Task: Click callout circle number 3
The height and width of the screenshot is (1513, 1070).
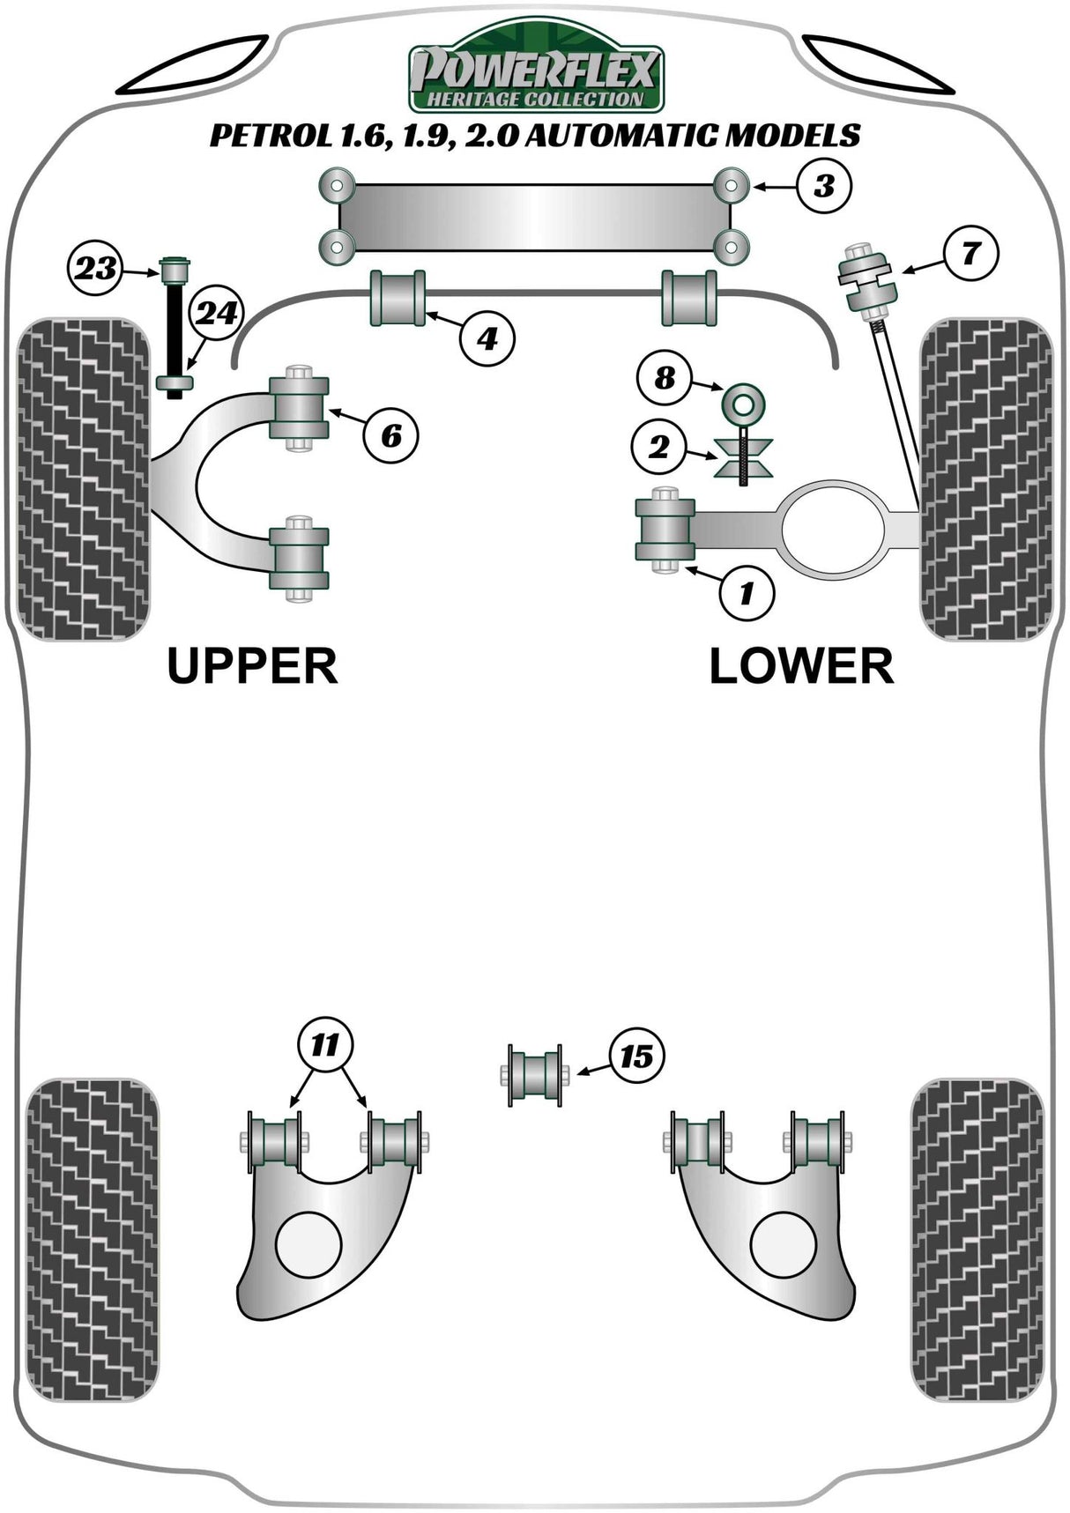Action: coord(824,186)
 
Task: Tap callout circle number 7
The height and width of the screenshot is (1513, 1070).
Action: coord(970,254)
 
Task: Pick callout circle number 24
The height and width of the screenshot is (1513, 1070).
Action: coord(216,314)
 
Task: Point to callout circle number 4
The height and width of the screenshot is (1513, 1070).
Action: coord(487,337)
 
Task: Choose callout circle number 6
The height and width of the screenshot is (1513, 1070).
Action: coord(391,434)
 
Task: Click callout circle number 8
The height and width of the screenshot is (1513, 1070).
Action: coord(665,378)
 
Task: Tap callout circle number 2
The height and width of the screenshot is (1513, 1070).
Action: coord(659,449)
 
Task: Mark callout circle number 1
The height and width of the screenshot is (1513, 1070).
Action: coord(747,593)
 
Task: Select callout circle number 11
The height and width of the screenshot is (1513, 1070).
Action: coord(325,1046)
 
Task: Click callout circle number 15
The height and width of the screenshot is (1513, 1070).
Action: coord(635,1056)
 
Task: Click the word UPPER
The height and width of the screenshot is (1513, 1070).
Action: coord(252,666)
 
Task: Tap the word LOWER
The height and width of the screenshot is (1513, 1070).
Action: coord(801,666)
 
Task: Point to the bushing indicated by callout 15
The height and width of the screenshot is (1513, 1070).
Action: coord(535,1074)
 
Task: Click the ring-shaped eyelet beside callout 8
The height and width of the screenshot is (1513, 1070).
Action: coord(743,404)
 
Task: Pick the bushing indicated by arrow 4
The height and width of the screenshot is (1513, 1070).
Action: coord(399,298)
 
